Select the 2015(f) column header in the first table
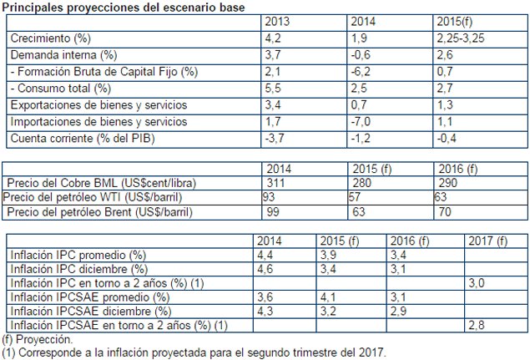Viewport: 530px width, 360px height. point(457,22)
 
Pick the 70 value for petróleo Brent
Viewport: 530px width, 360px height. point(444,213)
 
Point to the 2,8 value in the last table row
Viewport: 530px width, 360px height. point(479,324)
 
